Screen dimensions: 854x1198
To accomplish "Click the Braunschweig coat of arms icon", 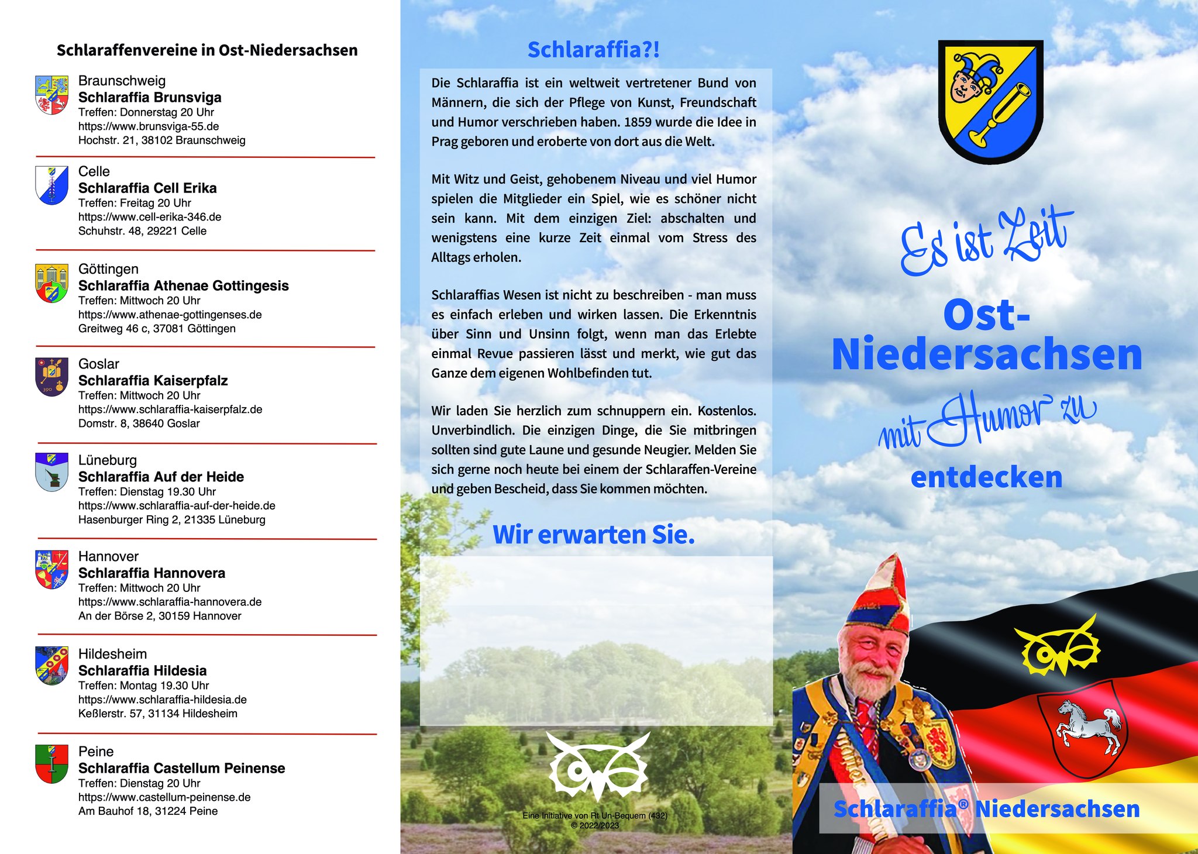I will [51, 95].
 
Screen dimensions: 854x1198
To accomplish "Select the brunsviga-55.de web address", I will [149, 126].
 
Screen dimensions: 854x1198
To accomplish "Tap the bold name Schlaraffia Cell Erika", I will [147, 188].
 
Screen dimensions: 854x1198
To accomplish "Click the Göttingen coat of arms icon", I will [51, 283].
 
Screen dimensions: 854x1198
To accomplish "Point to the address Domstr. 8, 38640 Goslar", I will [139, 423].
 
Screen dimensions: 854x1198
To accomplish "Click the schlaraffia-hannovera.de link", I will [170, 602].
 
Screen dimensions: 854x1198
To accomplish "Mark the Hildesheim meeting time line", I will [143, 686].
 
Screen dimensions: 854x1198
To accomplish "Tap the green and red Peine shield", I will [51, 763].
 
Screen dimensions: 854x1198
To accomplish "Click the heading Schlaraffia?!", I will [593, 50].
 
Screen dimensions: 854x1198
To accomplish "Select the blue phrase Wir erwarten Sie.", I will [593, 535].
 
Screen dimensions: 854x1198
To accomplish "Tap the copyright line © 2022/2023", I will [594, 825].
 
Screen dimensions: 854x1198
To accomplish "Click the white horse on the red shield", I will [1088, 725].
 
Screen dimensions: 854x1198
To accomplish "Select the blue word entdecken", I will [986, 477].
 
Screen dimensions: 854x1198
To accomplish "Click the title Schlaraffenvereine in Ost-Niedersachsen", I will [207, 50].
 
